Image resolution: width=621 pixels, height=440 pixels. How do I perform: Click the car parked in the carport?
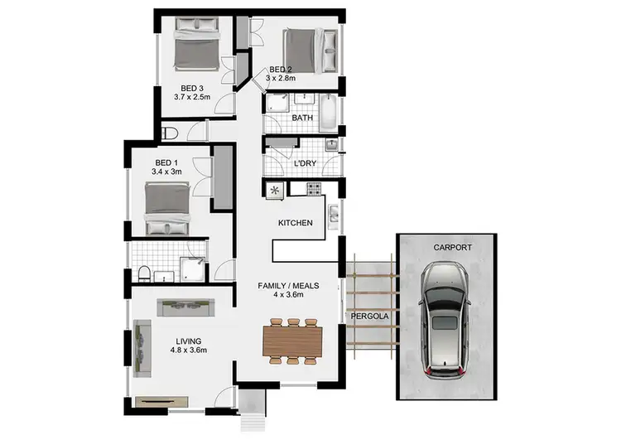click(447, 320)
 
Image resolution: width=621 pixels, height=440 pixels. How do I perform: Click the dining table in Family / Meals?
click(292, 340)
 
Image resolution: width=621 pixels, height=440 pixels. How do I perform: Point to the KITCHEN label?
click(295, 223)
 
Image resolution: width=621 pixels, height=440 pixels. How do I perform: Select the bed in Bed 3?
click(197, 50)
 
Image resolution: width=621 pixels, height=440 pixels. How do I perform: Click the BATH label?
click(302, 118)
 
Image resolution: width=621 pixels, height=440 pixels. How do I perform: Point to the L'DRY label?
click(306, 164)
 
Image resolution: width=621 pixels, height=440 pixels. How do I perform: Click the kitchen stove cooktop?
click(315, 190)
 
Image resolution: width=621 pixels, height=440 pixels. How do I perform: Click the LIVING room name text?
click(188, 341)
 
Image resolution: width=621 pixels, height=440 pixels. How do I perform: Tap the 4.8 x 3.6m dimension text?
click(188, 351)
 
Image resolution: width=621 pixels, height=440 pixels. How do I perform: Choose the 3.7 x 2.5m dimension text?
click(192, 96)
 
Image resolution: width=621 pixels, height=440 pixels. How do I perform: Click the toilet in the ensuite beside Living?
click(144, 274)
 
